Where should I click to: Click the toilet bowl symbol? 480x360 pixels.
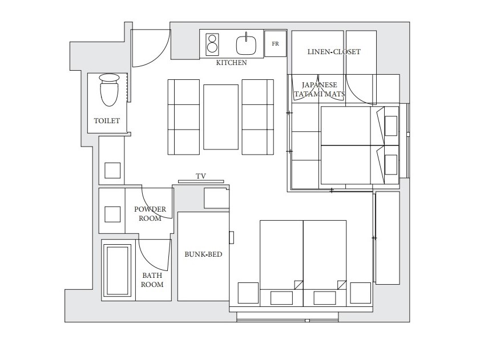109,90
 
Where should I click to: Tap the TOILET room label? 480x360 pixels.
107,120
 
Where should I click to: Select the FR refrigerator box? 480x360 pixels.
275,43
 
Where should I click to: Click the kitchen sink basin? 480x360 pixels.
246,45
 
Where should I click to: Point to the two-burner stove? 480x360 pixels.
212,45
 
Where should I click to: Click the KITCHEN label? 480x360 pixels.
231,62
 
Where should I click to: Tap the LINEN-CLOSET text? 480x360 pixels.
334,52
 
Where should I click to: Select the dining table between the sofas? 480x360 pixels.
221,118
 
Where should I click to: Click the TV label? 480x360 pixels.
201,176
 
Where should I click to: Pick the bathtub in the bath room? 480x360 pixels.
117,270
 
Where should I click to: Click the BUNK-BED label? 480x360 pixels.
203,254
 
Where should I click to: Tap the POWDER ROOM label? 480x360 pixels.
150,214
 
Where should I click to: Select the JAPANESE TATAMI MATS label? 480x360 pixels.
319,90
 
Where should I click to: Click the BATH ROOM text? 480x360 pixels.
152,280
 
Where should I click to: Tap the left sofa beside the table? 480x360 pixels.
184,117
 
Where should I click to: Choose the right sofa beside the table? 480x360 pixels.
258,117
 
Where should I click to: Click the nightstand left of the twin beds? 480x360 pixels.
248,293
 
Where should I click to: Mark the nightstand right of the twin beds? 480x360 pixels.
361,293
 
